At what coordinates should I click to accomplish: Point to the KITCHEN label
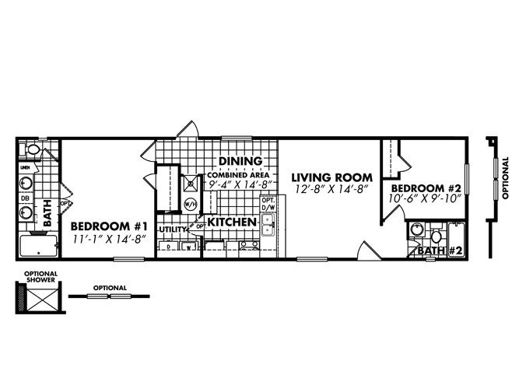click(x=231, y=223)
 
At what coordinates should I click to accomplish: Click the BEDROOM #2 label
click(x=425, y=188)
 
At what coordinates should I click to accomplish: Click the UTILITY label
click(x=174, y=230)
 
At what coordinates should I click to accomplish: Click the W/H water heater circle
click(x=189, y=205)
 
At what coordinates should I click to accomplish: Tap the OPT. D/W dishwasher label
click(x=268, y=204)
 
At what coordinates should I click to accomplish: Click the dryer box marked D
click(x=169, y=247)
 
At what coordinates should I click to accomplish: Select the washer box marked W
click(x=188, y=247)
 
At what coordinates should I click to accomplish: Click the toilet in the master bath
click(x=32, y=149)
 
